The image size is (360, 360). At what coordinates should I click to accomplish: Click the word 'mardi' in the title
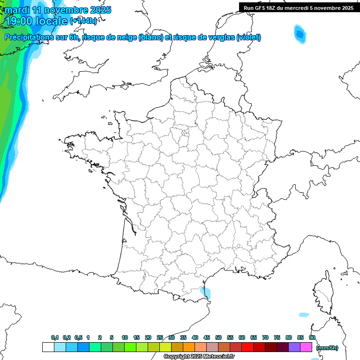(17, 10)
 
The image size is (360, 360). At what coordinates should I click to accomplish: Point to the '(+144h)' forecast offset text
(83, 21)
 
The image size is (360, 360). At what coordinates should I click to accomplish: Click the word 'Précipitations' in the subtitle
(28, 37)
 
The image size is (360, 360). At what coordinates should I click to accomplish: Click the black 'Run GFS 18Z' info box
(299, 7)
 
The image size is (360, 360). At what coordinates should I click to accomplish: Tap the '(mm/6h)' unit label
(327, 347)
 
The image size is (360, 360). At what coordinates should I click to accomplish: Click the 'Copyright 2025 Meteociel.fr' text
(199, 357)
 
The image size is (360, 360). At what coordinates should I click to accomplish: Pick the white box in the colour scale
(48, 347)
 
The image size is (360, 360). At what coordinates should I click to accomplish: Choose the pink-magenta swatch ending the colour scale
(306, 347)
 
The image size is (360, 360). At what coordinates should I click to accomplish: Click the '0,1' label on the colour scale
(54, 337)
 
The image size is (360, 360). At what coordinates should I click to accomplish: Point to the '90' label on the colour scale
(312, 337)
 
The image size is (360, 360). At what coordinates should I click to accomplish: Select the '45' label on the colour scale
(207, 337)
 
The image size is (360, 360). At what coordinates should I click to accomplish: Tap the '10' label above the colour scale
(125, 337)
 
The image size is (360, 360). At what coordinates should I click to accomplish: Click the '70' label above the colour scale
(265, 337)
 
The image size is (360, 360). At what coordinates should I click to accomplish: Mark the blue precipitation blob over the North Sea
(299, 34)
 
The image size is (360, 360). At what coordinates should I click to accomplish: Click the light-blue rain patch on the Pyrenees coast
(205, 292)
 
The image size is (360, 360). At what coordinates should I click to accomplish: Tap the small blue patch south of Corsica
(304, 315)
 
